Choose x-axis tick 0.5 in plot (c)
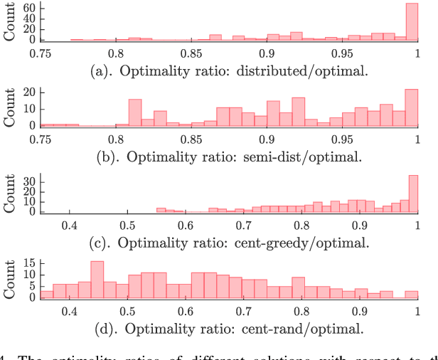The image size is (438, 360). pos(127,226)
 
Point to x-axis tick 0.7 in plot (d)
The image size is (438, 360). pos(243,312)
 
